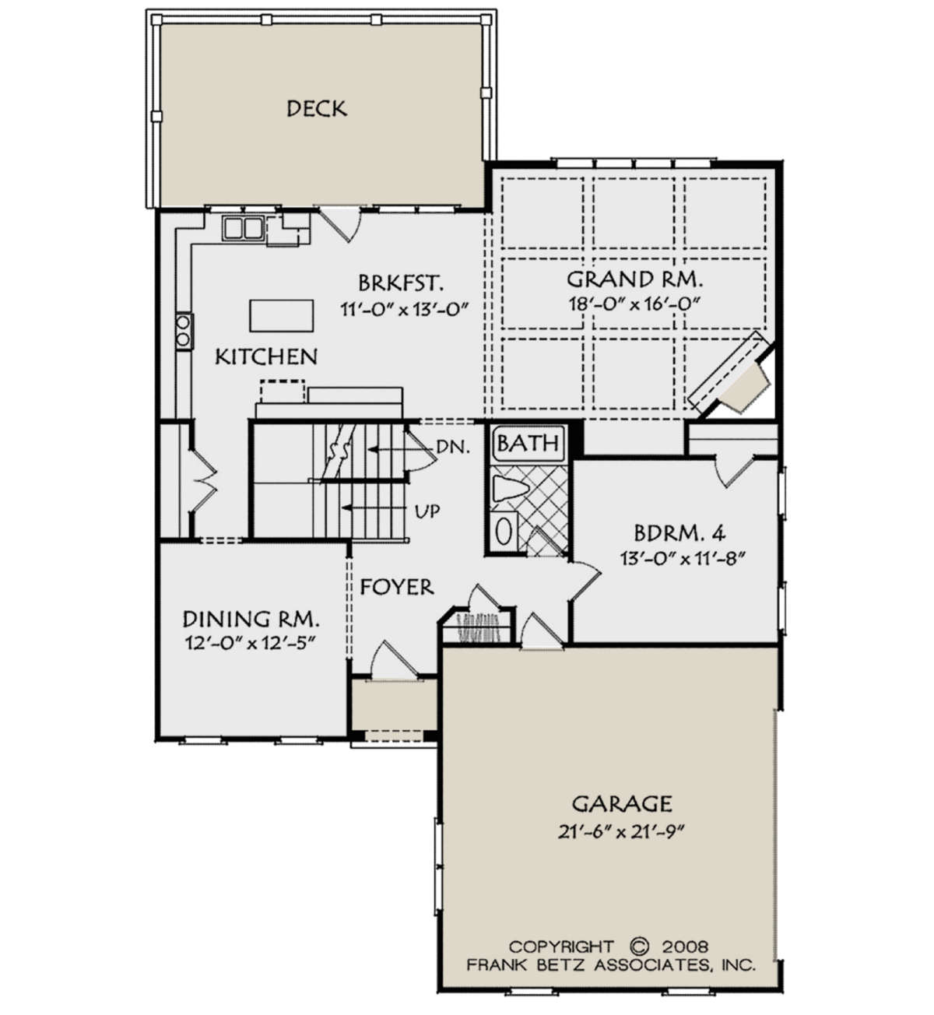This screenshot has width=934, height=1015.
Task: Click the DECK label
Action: pyautogui.click(x=317, y=109)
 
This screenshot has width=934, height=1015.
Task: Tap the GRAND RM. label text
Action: pyautogui.click(x=634, y=279)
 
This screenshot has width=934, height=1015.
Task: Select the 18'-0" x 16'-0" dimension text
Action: pyautogui.click(x=634, y=304)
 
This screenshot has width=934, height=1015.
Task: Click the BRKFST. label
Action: pyautogui.click(x=401, y=283)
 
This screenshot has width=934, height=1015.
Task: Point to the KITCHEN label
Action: pyautogui.click(x=266, y=356)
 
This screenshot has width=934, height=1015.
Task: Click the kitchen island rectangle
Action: pyautogui.click(x=281, y=316)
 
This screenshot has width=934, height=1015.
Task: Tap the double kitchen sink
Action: pyautogui.click(x=243, y=228)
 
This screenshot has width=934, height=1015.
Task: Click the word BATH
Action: pyautogui.click(x=528, y=444)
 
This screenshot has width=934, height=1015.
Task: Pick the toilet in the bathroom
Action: pyautogui.click(x=510, y=490)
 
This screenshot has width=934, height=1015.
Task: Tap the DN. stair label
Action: pyautogui.click(x=453, y=448)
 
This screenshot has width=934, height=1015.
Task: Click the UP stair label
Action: pyautogui.click(x=427, y=511)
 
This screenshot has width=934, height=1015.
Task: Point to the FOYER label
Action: pyautogui.click(x=397, y=587)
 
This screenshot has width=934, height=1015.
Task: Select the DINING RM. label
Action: pyautogui.click(x=251, y=619)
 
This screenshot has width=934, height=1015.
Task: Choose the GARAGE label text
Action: pyautogui.click(x=622, y=803)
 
